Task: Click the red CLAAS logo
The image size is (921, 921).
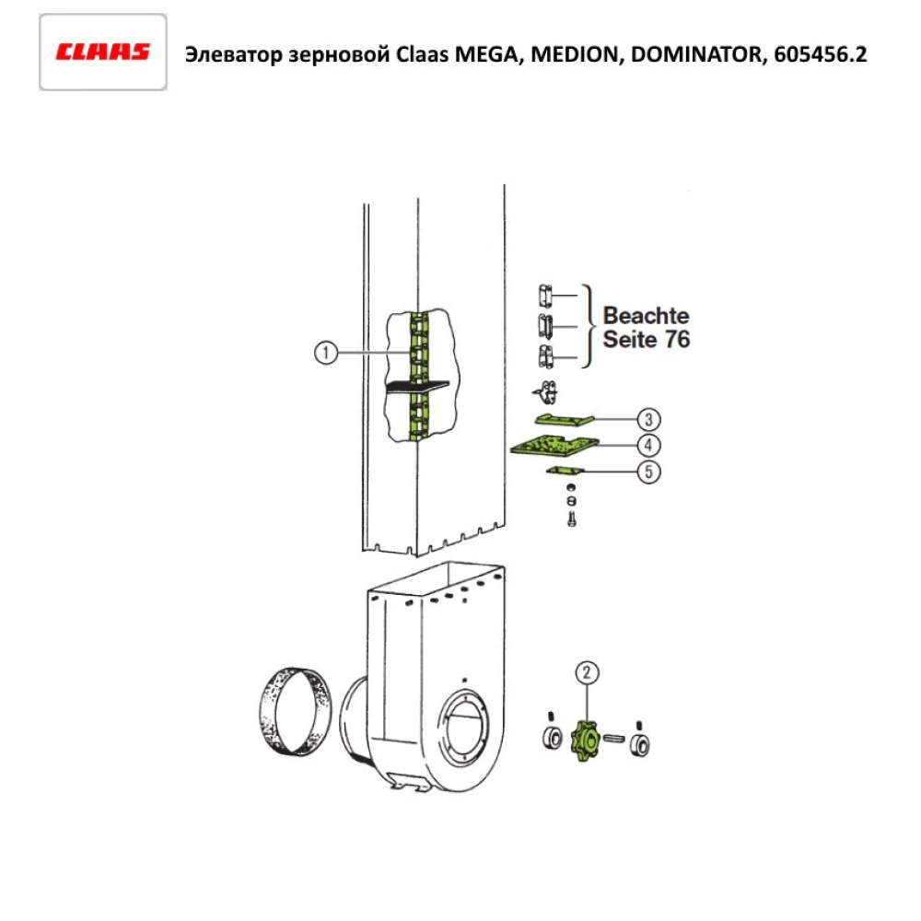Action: (x=102, y=52)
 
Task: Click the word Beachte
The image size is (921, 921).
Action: (x=646, y=315)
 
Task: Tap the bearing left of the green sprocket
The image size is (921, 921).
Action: (x=552, y=739)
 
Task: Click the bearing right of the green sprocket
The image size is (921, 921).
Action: (x=639, y=742)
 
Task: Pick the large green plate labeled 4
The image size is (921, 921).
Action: (x=553, y=447)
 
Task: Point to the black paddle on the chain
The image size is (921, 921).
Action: (x=417, y=386)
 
